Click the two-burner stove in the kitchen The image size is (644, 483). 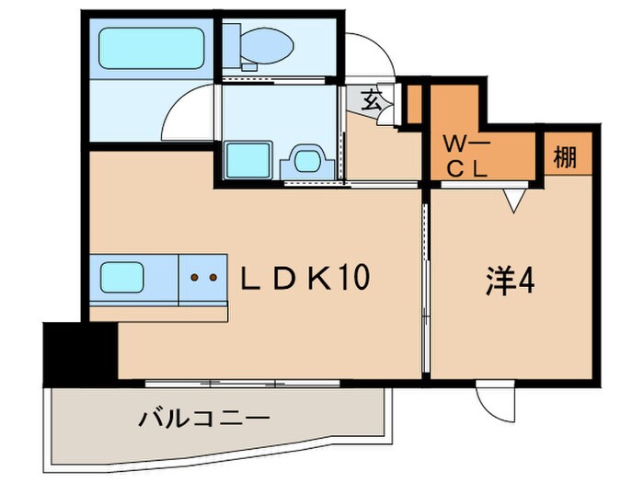pyautogui.click(x=201, y=275)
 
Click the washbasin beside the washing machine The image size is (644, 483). pyautogui.click(x=306, y=160)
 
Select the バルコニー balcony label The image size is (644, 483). pyautogui.click(x=204, y=420)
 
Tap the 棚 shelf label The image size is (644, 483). pyautogui.click(x=567, y=157)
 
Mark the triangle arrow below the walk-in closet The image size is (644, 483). pyautogui.click(x=514, y=200)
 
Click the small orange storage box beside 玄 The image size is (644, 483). pyautogui.click(x=414, y=104)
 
